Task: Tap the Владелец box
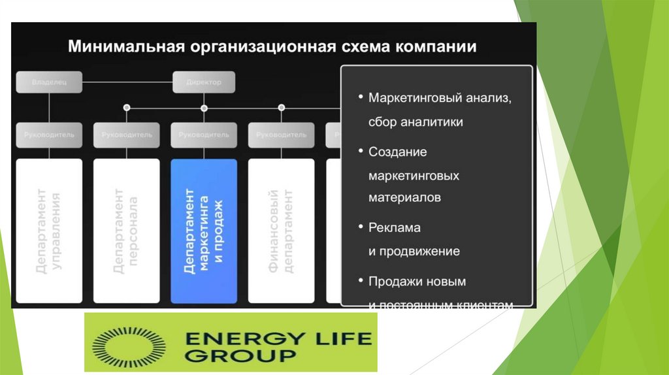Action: click(x=49, y=82)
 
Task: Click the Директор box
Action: click(x=204, y=82)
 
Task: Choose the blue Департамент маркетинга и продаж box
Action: click(x=204, y=231)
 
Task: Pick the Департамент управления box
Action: click(x=49, y=231)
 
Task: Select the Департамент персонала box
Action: click(x=126, y=231)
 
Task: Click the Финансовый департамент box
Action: click(x=281, y=231)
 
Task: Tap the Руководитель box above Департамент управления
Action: click(x=49, y=135)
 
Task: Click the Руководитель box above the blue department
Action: click(x=204, y=135)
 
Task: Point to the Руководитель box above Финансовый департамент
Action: click(x=281, y=135)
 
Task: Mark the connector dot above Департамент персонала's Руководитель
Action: click(x=127, y=107)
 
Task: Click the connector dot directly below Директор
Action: click(x=204, y=108)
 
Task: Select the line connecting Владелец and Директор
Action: click(x=127, y=82)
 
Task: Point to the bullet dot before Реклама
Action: click(x=361, y=226)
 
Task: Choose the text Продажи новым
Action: click(x=417, y=282)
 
